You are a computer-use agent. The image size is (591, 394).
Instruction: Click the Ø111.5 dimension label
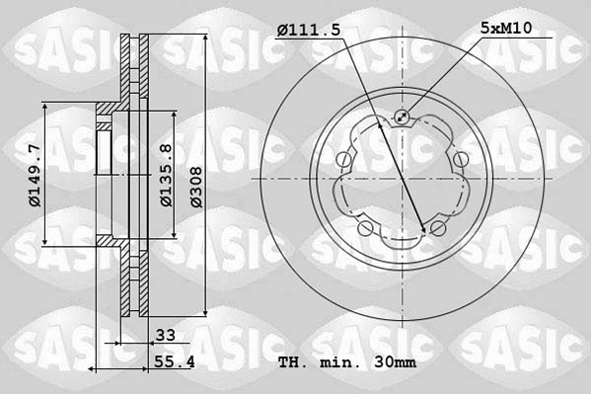(308, 31)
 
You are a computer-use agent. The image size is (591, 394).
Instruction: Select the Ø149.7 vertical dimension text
(34, 175)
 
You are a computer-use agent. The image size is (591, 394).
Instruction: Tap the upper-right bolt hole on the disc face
(461, 158)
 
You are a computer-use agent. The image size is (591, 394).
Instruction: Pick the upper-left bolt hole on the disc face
(342, 159)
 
